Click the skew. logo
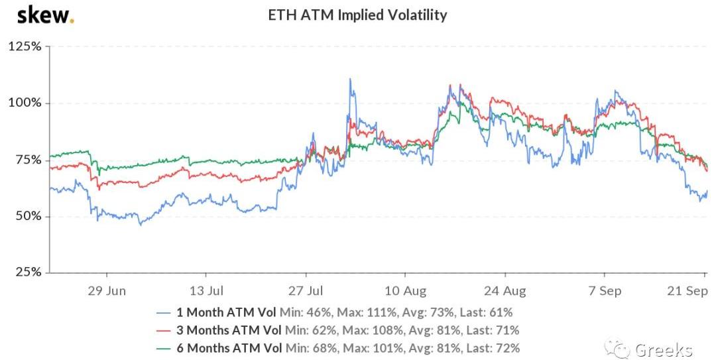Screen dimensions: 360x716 [45, 15]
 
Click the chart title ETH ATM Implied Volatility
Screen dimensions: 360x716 [357, 15]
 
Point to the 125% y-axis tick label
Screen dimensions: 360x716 [25, 47]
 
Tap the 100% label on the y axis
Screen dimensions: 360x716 [25, 103]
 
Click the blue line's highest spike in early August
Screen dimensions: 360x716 [350, 80]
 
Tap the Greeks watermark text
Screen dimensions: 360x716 [664, 349]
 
